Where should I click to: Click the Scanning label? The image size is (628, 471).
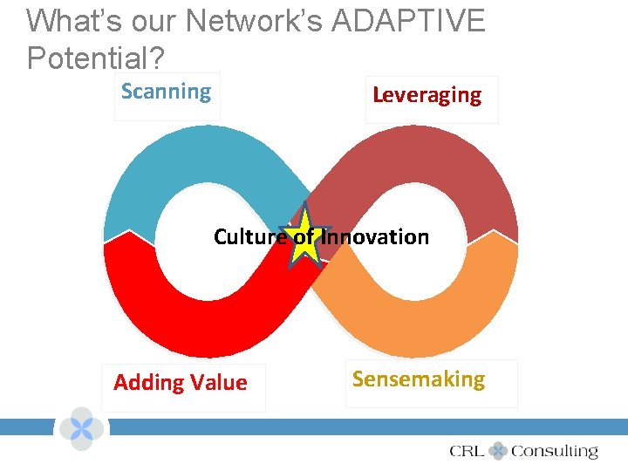[x=166, y=92]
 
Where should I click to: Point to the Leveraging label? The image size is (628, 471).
[x=427, y=95]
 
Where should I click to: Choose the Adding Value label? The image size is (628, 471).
[x=181, y=383]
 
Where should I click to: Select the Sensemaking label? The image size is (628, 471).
[x=419, y=379]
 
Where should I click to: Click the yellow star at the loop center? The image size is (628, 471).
[x=305, y=238]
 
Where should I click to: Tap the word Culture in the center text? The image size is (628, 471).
[x=249, y=236]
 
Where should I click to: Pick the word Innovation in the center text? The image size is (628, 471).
[x=375, y=236]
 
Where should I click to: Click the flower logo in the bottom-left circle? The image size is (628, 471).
[x=81, y=428]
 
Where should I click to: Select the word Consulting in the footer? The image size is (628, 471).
[x=554, y=451]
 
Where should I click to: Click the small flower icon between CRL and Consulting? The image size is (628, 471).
[x=498, y=451]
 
